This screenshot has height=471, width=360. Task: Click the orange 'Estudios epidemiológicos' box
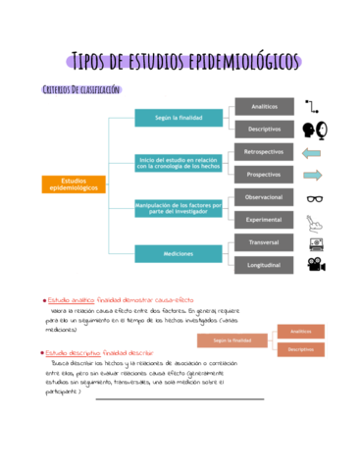[73, 184]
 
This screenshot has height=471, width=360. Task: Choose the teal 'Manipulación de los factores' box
[179, 208]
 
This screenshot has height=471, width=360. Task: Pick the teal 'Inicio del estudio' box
[179, 163]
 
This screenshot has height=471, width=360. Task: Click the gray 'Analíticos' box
[264, 106]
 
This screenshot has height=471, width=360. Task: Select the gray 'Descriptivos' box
[264, 129]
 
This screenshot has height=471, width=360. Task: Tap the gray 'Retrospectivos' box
[264, 152]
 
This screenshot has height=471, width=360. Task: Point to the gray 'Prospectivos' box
[264, 174]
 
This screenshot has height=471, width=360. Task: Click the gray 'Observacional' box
[264, 197]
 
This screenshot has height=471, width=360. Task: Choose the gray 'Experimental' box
[264, 220]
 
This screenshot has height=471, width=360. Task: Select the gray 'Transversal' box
[264, 242]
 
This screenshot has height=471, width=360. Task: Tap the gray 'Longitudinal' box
[264, 265]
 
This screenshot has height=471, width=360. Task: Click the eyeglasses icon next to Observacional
[315, 197]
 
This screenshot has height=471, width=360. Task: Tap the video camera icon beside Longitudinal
[315, 265]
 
